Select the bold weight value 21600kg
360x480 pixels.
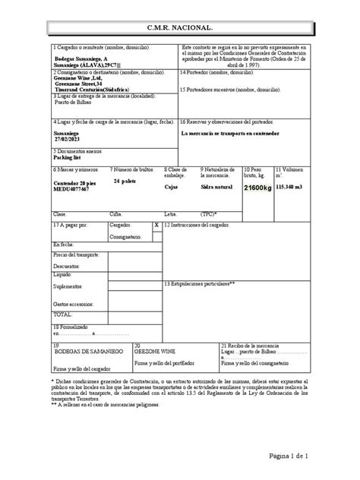point(257,187)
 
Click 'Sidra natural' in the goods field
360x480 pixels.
point(218,185)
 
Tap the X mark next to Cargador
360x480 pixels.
point(156,226)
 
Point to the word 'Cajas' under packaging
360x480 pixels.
point(172,185)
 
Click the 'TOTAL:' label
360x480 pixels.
point(62,314)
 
